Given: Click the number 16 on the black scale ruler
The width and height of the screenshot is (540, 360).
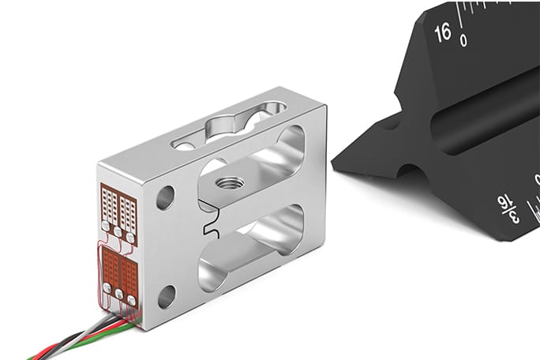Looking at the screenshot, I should pos(442,32).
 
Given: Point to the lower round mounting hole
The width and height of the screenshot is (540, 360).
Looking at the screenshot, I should pos(167,297).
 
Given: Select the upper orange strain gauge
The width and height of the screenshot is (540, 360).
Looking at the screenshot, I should pos(118,207).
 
